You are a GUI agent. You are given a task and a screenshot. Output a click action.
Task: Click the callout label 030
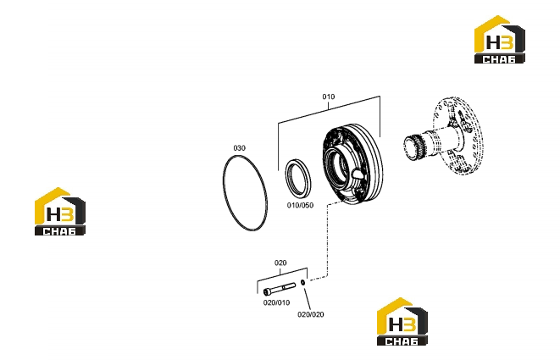[239, 148]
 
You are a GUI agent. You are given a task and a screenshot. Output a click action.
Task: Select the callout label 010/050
[301, 205]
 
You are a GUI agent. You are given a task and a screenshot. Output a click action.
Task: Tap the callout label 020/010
[276, 303]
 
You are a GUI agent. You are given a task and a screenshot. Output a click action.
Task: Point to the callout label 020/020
[311, 314]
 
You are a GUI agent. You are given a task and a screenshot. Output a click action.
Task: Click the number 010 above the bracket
[329, 97]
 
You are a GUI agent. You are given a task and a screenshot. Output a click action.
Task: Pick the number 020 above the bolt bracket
[280, 263]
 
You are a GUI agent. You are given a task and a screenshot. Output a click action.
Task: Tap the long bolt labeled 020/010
[280, 289]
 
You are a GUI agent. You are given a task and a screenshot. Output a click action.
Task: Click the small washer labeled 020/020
[302, 283]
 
